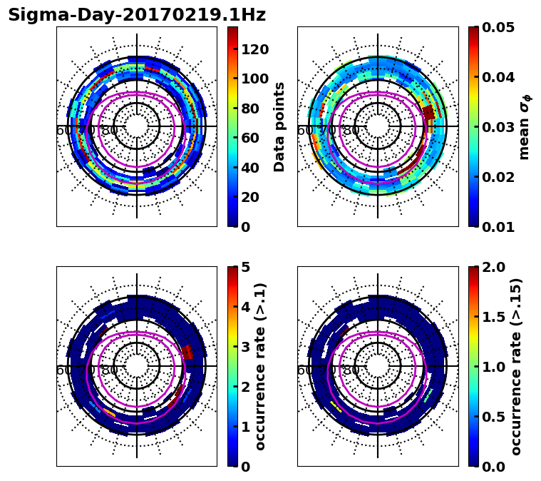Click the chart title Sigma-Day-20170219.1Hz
(137, 15)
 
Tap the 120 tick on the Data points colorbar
(254, 49)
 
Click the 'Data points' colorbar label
(279, 126)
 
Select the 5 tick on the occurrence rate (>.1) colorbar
(245, 267)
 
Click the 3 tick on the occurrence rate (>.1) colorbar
(245, 347)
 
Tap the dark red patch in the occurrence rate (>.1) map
(187, 352)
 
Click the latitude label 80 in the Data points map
(110, 131)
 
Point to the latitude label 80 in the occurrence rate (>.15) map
(351, 370)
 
